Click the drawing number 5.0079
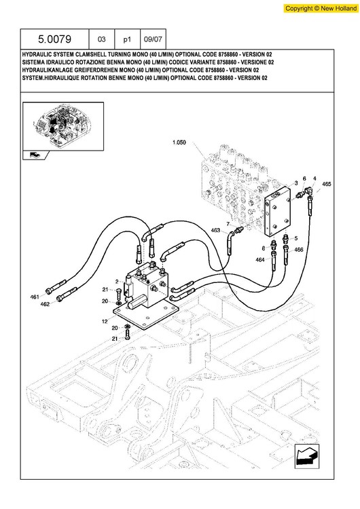click(54, 39)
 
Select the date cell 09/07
click(153, 39)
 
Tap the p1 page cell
click(127, 39)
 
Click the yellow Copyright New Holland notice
click(321, 8)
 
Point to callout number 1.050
click(179, 143)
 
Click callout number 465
click(327, 184)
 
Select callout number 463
click(215, 230)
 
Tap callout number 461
click(35, 297)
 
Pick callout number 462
click(45, 304)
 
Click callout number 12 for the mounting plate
click(105, 322)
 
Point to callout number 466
click(299, 250)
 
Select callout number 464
click(260, 260)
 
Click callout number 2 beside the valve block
click(117, 282)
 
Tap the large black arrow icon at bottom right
click(307, 456)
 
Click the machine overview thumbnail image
click(63, 126)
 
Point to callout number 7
click(228, 224)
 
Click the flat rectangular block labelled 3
click(278, 211)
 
